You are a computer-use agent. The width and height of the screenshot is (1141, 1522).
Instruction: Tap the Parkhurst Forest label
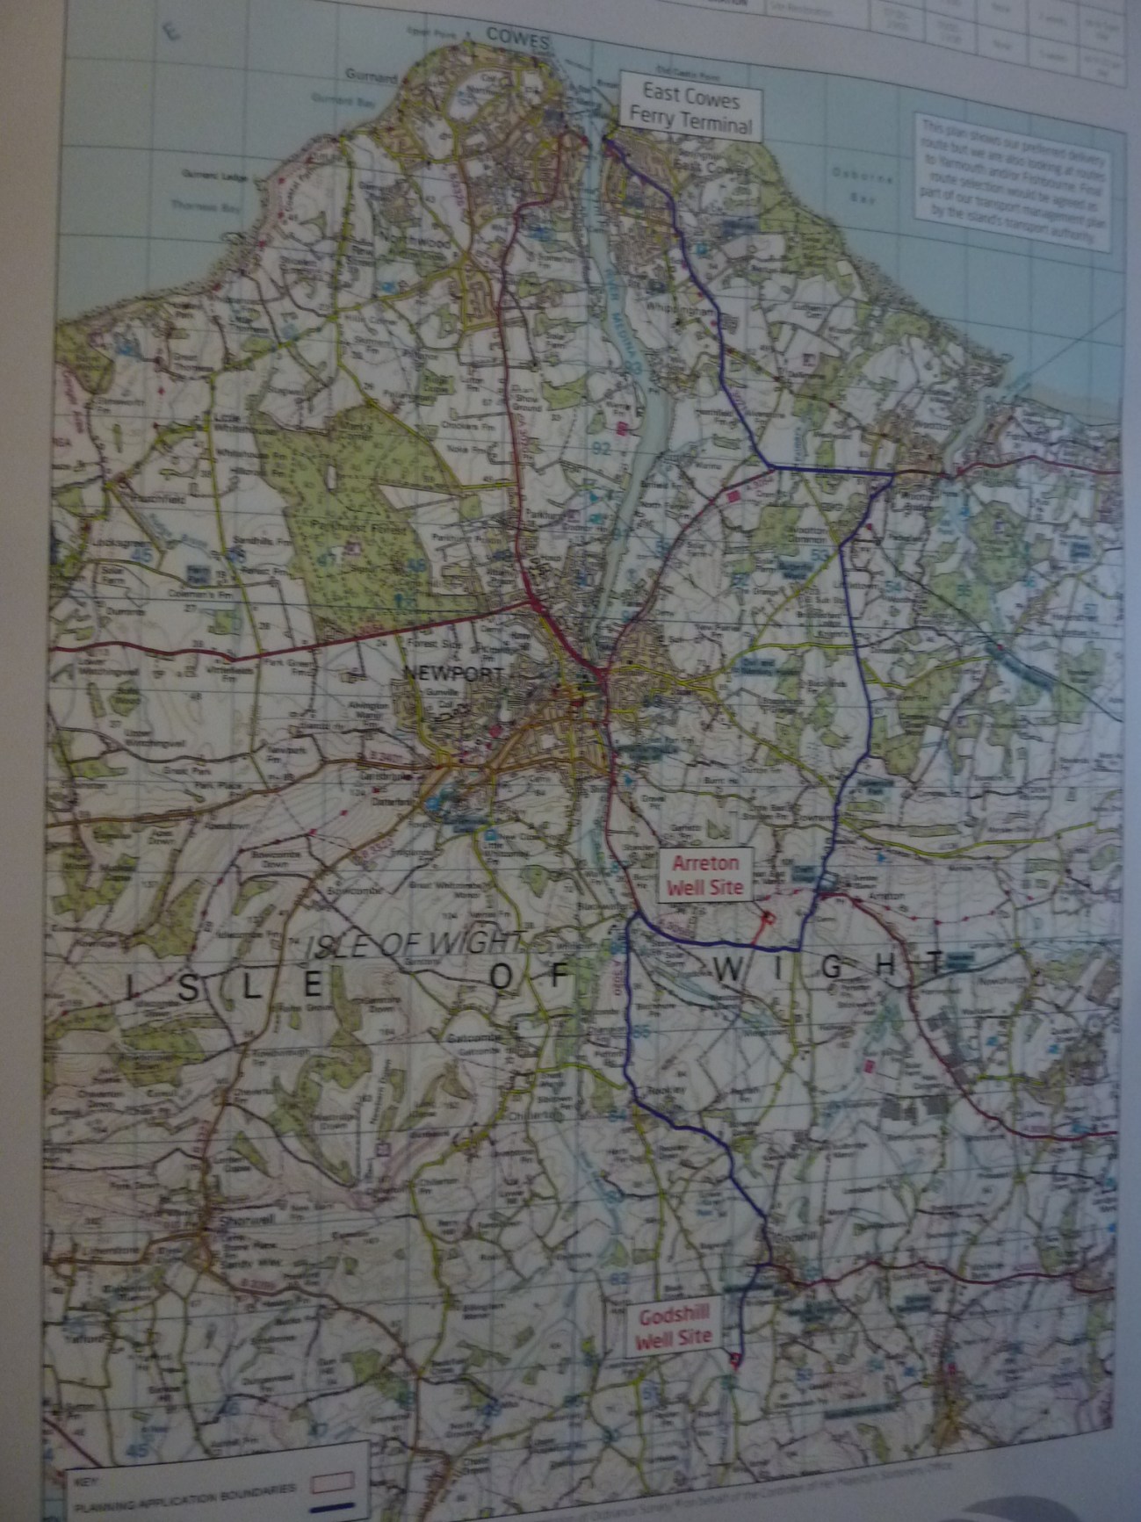pos(349,526)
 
